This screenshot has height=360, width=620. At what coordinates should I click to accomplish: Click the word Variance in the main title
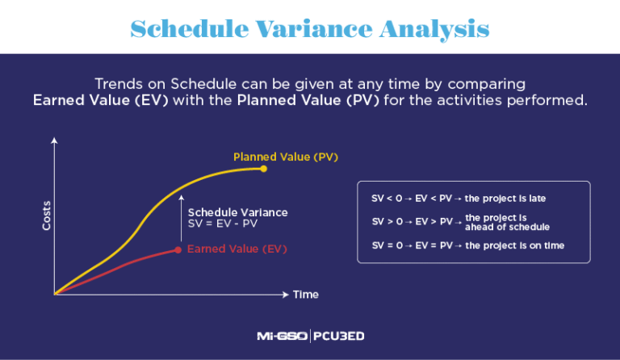pos(309,29)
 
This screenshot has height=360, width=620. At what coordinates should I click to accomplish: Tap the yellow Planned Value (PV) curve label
pos(274,157)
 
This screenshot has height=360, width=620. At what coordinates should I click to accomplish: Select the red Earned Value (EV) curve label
pos(237,249)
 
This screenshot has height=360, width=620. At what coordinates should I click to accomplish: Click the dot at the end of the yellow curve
pos(264,168)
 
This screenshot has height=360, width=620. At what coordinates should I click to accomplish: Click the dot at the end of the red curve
pos(178,250)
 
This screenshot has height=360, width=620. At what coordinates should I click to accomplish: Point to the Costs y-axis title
pos(47,216)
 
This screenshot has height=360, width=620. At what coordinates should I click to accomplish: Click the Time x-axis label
pos(305,295)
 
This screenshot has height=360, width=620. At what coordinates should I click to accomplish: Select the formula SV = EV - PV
pos(222,224)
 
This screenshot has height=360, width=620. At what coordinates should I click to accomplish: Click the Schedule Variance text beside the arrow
pos(237,212)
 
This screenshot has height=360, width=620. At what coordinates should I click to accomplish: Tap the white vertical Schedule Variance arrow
pos(182,218)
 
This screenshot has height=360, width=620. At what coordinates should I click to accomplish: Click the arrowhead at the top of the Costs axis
pos(54,141)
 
